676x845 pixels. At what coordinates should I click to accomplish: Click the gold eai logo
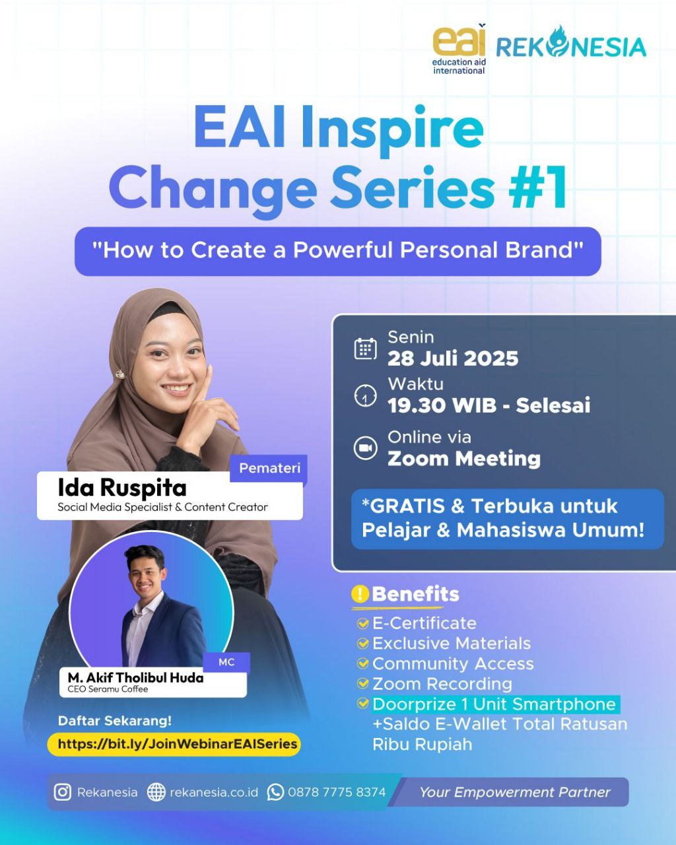tap(459, 49)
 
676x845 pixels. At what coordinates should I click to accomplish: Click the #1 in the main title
tap(538, 187)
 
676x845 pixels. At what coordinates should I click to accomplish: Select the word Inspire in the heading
tap(392, 130)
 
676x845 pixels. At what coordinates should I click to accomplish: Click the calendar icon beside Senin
tap(365, 349)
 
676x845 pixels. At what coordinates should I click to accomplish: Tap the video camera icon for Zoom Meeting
tap(365, 448)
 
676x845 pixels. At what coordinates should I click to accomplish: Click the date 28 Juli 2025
tap(453, 358)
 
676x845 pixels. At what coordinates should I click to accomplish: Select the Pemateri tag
tap(269, 468)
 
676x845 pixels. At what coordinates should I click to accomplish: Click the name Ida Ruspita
tap(122, 488)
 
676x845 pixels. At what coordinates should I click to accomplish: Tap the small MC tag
tap(226, 662)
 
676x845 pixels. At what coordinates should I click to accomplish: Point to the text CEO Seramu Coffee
tap(108, 689)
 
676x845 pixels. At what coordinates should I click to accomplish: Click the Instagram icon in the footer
tap(63, 792)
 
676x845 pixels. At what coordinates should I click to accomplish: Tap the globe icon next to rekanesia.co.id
tap(156, 792)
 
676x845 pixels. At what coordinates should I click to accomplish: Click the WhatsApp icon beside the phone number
tap(275, 792)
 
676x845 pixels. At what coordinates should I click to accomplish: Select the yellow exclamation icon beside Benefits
tap(359, 594)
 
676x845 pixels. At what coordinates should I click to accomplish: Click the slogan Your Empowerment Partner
tap(515, 792)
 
